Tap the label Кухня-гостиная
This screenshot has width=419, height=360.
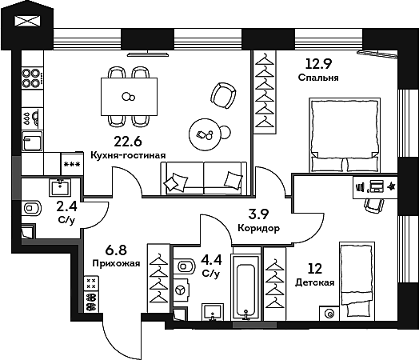click(x=128, y=156)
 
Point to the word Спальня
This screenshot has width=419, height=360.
click(x=317, y=78)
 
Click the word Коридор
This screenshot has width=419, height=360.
click(x=258, y=228)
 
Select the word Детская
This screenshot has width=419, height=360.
click(x=314, y=282)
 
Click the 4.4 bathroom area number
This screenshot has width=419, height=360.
click(x=211, y=259)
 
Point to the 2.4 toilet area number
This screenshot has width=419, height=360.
click(x=66, y=206)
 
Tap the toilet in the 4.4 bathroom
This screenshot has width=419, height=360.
click(x=182, y=265)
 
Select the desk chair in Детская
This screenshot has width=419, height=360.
click(x=373, y=203)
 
